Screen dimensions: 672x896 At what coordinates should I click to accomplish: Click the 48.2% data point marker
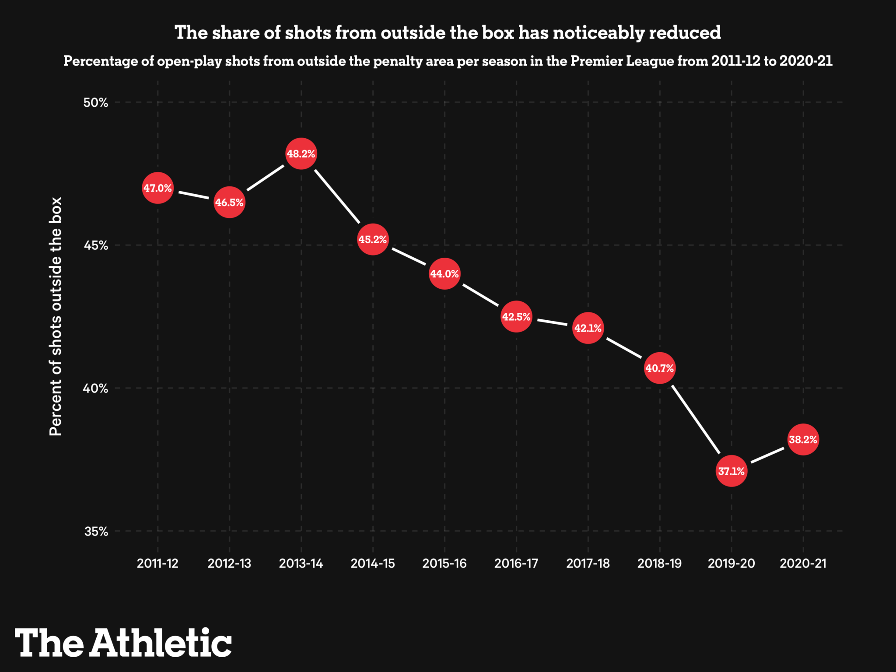(x=301, y=154)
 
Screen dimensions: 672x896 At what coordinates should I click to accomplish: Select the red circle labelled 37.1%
(x=731, y=471)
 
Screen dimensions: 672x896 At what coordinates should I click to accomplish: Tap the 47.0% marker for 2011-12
(x=157, y=188)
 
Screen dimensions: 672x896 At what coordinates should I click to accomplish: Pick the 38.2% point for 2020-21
(x=803, y=440)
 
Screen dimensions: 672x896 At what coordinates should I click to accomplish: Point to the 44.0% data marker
(x=444, y=274)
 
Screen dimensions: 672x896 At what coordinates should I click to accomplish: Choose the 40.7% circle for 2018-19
(x=660, y=368)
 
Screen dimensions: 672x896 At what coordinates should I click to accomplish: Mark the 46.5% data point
(x=229, y=203)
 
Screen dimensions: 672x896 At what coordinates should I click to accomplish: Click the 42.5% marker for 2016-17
(x=516, y=317)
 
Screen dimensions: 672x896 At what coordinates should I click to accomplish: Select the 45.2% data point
(x=373, y=240)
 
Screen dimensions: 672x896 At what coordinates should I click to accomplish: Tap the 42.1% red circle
(x=588, y=328)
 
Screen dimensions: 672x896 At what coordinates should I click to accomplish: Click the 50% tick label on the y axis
(x=96, y=103)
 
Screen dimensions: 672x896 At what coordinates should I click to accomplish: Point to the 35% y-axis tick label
(x=96, y=532)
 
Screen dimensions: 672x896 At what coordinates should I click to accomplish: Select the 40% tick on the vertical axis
(x=96, y=388)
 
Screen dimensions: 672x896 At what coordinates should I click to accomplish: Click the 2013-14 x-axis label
(x=301, y=563)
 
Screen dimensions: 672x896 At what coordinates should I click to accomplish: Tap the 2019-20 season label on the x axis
(x=731, y=563)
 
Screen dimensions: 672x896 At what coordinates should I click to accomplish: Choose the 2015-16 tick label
(x=444, y=563)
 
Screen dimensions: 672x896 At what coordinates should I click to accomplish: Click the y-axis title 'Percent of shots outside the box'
(x=56, y=316)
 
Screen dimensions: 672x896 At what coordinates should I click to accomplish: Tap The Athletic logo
(x=123, y=643)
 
